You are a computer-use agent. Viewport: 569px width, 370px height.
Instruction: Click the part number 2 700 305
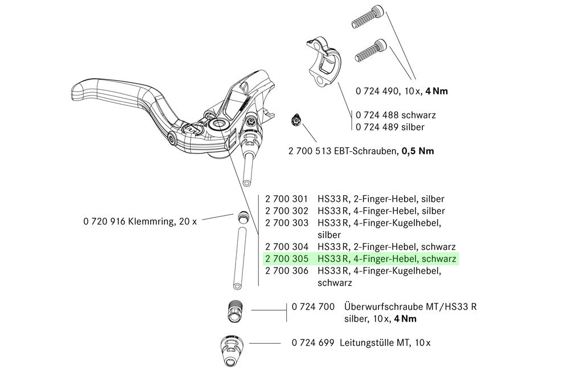(x=287, y=259)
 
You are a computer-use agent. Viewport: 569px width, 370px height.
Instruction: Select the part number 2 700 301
(x=287, y=199)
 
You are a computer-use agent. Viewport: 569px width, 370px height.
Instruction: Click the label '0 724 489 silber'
(x=390, y=126)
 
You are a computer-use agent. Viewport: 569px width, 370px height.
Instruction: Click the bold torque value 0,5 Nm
(x=418, y=151)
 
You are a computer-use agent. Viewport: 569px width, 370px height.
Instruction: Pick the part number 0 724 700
(x=313, y=307)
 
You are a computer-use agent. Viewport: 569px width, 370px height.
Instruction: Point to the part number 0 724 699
(x=313, y=343)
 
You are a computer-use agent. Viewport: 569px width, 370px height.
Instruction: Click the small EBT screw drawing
(x=295, y=119)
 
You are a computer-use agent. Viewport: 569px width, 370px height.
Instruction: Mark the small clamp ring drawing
(x=242, y=218)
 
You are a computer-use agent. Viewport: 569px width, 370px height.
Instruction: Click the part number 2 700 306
(x=287, y=271)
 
